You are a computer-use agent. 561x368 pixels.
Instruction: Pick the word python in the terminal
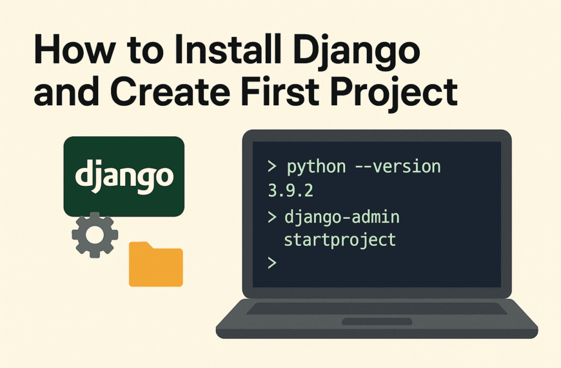[316, 167]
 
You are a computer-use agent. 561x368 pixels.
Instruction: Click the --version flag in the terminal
[398, 167]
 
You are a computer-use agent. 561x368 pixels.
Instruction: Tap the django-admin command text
[342, 216]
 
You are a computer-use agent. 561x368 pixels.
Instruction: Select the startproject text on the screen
[340, 240]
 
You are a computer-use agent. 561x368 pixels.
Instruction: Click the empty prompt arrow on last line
[271, 263]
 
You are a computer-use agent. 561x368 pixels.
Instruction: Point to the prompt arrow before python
[272, 167]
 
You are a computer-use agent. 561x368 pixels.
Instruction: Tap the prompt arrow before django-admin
[271, 216]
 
